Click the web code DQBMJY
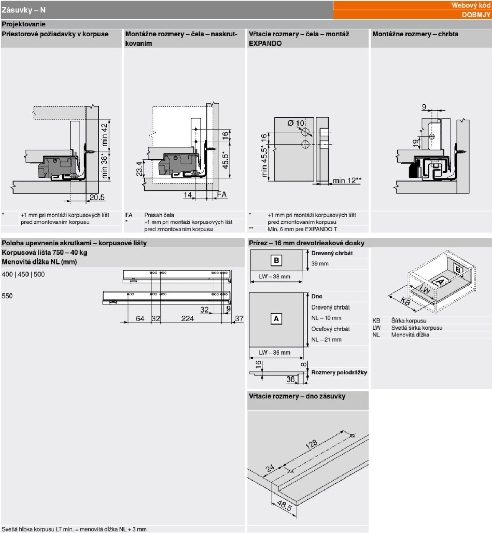476,15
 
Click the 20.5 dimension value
97,197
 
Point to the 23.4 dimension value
139,169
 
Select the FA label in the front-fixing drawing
222,194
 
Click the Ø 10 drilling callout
296,123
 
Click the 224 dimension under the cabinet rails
188,318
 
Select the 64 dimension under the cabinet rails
140,318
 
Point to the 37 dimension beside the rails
239,318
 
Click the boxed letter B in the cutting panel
276,260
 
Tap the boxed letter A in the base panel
276,319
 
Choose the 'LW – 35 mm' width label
274,352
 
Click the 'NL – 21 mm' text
326,340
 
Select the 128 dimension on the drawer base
311,444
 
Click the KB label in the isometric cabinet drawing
405,301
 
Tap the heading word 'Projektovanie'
24,24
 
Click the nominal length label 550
7,296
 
